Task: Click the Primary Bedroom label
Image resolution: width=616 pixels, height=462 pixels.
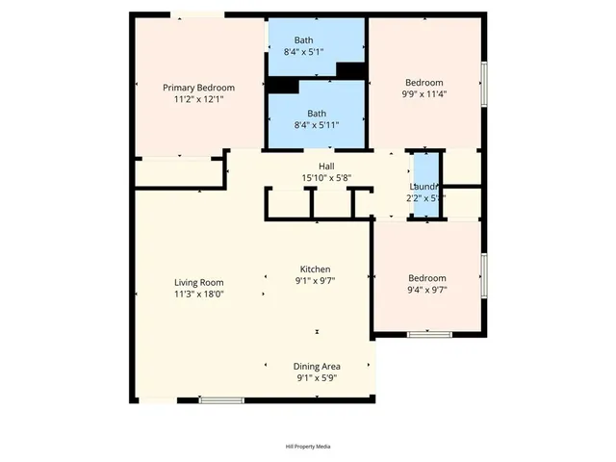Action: click(198, 88)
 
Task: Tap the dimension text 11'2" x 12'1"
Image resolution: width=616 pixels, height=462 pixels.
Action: click(198, 99)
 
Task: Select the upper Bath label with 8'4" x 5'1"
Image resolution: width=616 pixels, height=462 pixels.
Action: click(304, 40)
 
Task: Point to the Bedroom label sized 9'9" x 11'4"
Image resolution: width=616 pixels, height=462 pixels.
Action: click(424, 83)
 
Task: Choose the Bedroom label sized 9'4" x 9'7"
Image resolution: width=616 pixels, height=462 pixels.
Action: click(427, 278)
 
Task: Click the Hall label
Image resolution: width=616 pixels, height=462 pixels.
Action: click(314, 167)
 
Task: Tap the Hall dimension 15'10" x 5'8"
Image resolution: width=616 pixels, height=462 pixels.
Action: click(314, 178)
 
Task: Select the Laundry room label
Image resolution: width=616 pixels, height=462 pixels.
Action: click(424, 187)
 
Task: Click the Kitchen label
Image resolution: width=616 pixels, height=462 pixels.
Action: click(316, 269)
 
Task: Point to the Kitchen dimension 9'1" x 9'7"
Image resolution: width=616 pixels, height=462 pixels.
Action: click(316, 281)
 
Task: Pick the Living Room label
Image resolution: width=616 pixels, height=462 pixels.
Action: click(198, 283)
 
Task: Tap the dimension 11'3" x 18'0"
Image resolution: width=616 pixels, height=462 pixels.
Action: click(198, 295)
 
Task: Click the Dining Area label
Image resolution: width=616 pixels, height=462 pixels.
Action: click(318, 367)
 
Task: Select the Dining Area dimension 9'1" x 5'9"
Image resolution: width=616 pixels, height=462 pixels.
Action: click(318, 378)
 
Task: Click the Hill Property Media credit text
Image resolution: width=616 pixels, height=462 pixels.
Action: click(308, 447)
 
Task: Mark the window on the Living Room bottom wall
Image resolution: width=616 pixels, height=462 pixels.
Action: click(221, 399)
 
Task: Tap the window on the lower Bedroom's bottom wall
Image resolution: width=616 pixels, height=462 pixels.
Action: click(429, 334)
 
